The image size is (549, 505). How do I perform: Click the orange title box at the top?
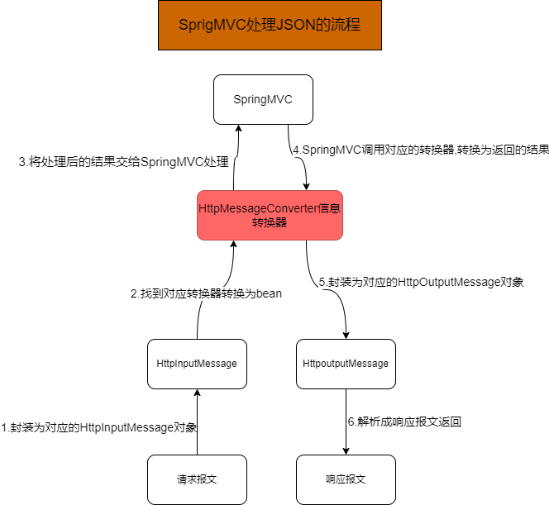(269, 26)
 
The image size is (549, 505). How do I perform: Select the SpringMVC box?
(263, 99)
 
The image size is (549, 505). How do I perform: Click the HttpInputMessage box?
(197, 364)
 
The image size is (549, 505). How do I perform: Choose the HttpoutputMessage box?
(346, 364)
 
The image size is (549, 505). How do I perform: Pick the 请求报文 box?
(197, 479)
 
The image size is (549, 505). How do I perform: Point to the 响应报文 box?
(346, 479)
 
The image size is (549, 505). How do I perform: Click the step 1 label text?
(99, 428)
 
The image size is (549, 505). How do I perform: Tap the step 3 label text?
(123, 162)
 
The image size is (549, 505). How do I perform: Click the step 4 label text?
(420, 150)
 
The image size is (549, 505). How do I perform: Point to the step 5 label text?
(422, 282)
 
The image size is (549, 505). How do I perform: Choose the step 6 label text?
(404, 422)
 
